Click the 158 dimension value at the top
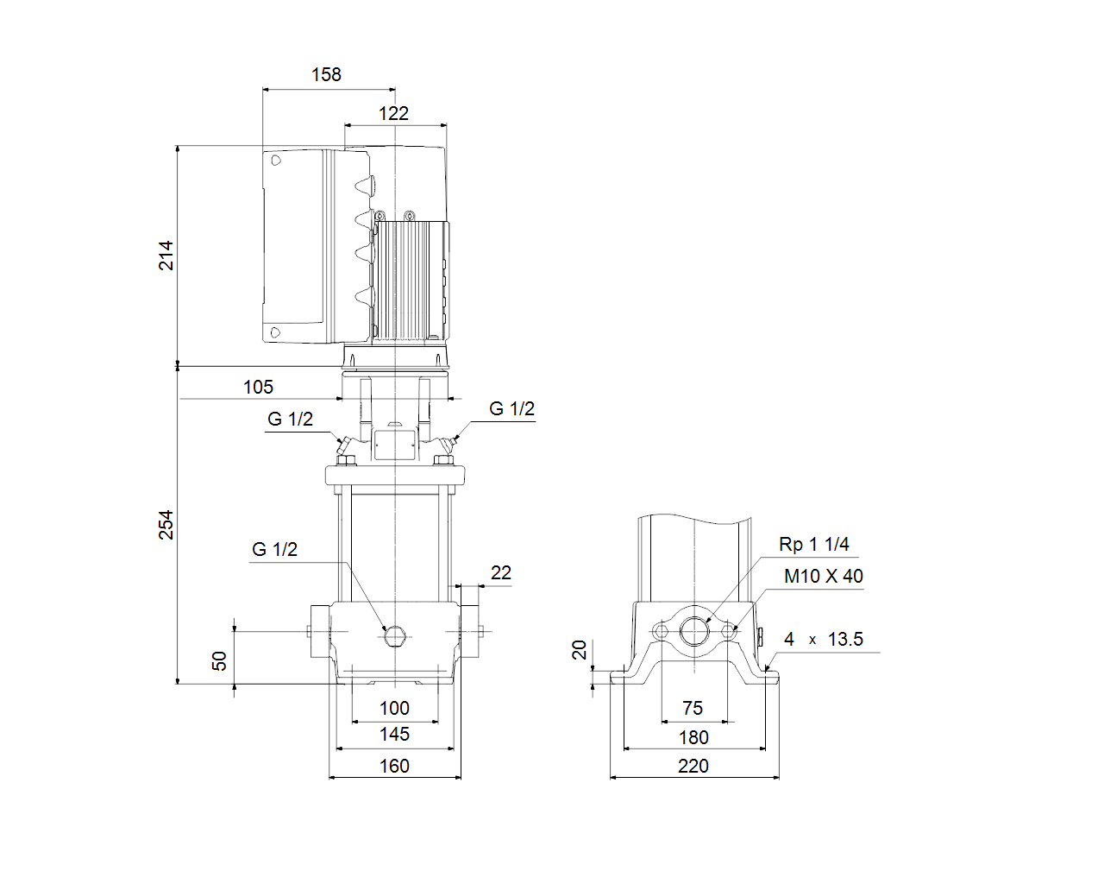326,74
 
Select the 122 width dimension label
393,113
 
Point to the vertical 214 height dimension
166,256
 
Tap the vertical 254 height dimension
166,524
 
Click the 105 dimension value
258,387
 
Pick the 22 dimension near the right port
501,572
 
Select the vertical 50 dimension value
219,660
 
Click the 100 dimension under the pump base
394,709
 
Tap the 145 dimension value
394,735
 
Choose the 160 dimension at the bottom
394,767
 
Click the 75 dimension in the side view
693,709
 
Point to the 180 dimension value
693,738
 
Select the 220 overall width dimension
693,767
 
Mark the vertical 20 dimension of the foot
580,650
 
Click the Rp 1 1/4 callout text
814,545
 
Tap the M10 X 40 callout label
824,577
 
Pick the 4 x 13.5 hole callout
824,640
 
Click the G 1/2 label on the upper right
511,409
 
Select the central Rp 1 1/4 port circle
694,631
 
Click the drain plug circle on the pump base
394,637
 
